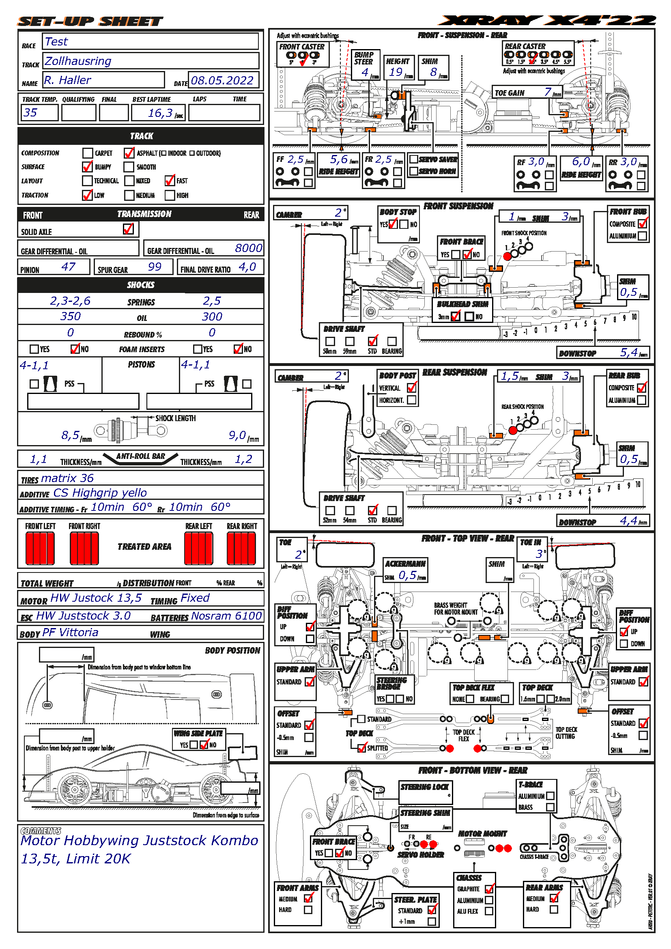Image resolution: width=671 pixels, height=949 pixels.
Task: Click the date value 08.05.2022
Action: pyautogui.click(x=222, y=80)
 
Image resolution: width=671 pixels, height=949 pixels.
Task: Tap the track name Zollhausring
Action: pyautogui.click(x=77, y=61)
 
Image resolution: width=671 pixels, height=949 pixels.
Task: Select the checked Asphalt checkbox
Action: pyautogui.click(x=129, y=153)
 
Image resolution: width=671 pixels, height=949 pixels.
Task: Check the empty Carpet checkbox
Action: pyautogui.click(x=87, y=153)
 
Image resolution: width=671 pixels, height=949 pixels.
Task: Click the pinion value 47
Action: pyautogui.click(x=68, y=267)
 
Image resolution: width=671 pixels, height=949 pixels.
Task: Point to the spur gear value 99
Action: pyautogui.click(x=155, y=267)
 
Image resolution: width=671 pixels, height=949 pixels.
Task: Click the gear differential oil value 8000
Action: pyautogui.click(x=248, y=248)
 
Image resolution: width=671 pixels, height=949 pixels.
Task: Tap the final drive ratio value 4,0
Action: pyautogui.click(x=247, y=267)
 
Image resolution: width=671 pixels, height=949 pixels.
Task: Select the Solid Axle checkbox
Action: pyautogui.click(x=128, y=229)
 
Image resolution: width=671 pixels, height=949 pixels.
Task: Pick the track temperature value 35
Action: pyautogui.click(x=30, y=112)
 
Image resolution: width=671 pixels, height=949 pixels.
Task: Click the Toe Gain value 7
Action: pyautogui.click(x=547, y=92)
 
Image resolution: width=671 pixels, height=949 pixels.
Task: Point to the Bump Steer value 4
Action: pyautogui.click(x=365, y=72)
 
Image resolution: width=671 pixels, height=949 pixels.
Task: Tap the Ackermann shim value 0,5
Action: pyautogui.click(x=407, y=575)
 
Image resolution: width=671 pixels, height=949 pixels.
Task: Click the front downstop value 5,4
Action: pyautogui.click(x=629, y=352)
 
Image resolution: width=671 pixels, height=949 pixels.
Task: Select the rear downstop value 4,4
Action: pyautogui.click(x=629, y=521)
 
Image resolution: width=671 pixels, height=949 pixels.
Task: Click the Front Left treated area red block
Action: pyautogui.click(x=40, y=548)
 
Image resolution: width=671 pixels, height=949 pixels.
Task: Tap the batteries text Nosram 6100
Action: pyautogui.click(x=226, y=616)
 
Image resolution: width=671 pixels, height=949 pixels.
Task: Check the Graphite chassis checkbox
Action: pyautogui.click(x=489, y=889)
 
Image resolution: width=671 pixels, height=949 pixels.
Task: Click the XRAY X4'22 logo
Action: pyautogui.click(x=547, y=21)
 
